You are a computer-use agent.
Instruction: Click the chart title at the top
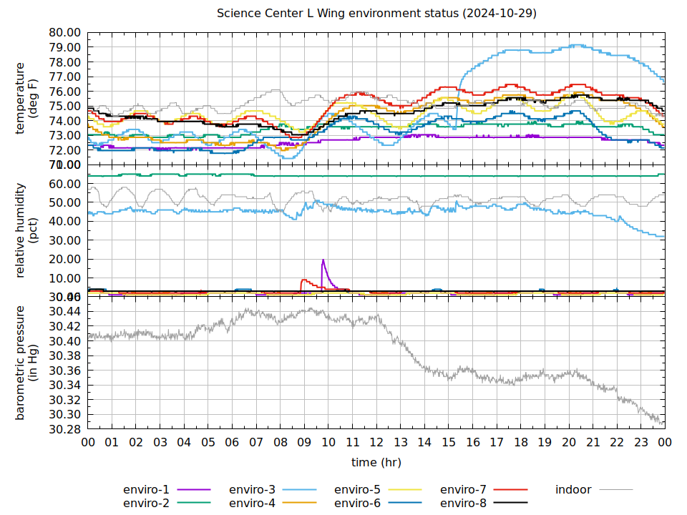pos(377,14)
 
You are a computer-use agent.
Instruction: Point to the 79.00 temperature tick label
pos(64,47)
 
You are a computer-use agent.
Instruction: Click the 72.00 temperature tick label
pos(64,150)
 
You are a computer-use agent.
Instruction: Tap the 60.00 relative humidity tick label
pos(64,184)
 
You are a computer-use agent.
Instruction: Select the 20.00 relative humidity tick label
pos(64,259)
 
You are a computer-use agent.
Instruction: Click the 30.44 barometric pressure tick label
pos(64,311)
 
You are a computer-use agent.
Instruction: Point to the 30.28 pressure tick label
pos(64,429)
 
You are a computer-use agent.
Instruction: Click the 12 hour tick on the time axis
pos(376,443)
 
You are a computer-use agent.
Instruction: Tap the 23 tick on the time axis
pos(640,443)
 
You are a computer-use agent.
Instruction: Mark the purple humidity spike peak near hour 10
pos(323,260)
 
